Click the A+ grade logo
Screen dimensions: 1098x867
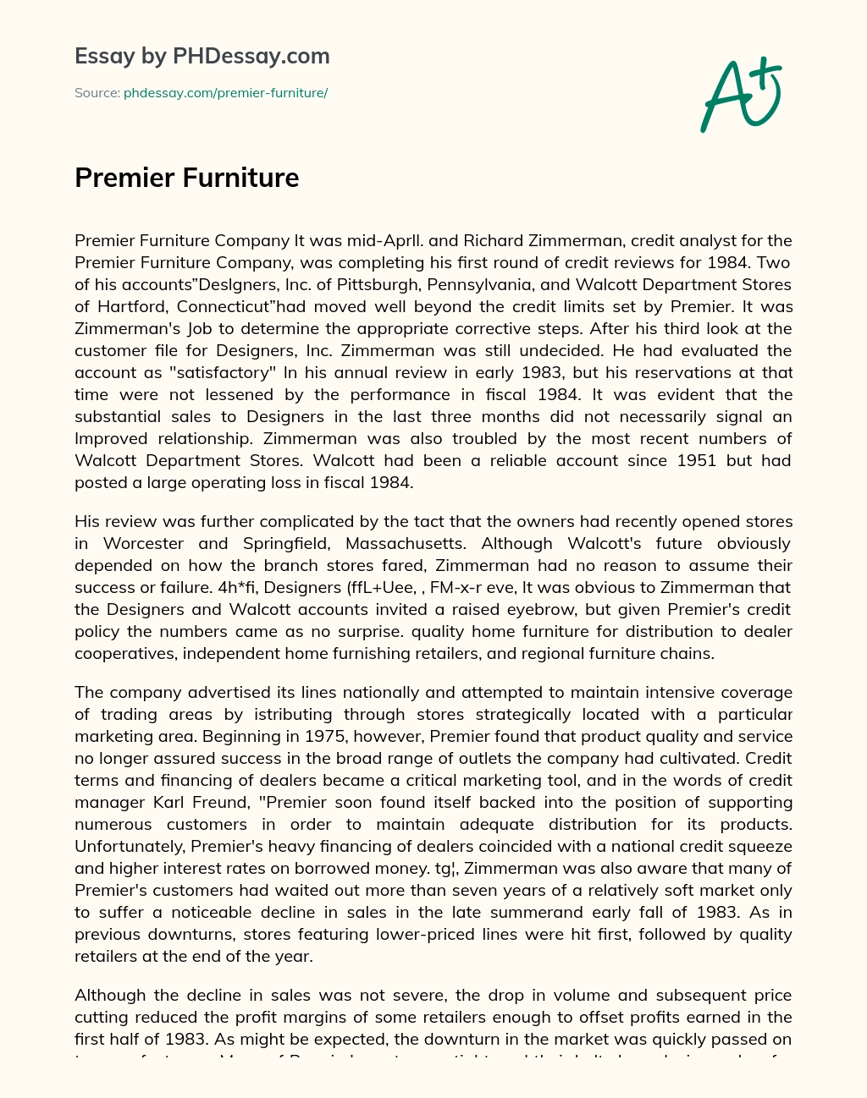741,95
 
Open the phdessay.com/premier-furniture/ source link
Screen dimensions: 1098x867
225,93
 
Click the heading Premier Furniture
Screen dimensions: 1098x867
187,178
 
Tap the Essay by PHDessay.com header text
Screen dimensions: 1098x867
202,56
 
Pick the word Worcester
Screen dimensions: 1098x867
143,543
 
